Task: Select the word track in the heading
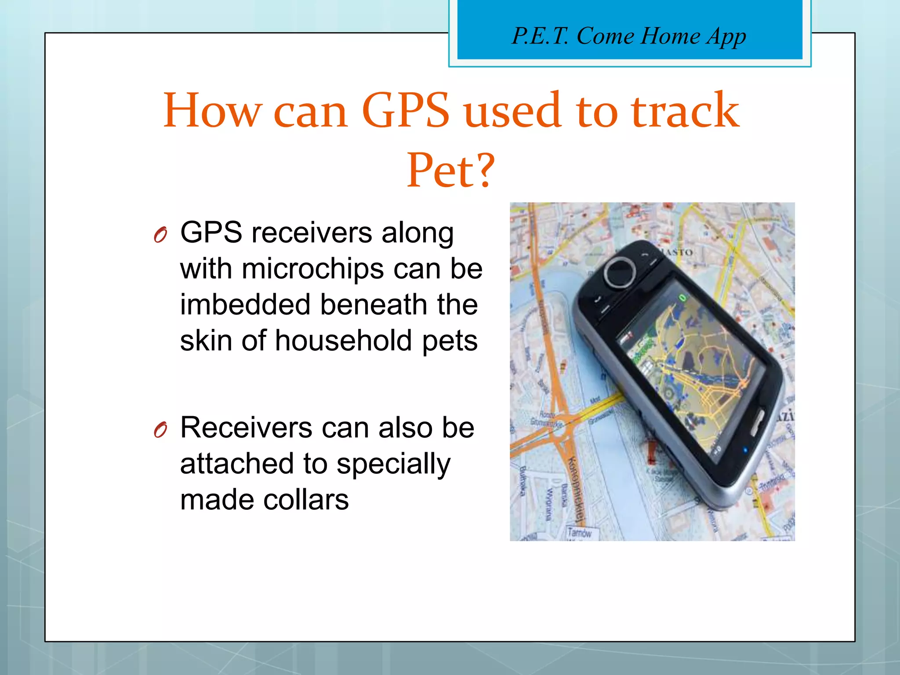pyautogui.click(x=686, y=111)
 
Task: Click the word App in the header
pyautogui.click(x=726, y=37)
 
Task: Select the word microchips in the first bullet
pyautogui.click(x=312, y=269)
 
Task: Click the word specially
pyautogui.click(x=393, y=465)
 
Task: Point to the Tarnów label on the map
pyautogui.click(x=579, y=533)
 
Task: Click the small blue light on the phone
pyautogui.click(x=744, y=450)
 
